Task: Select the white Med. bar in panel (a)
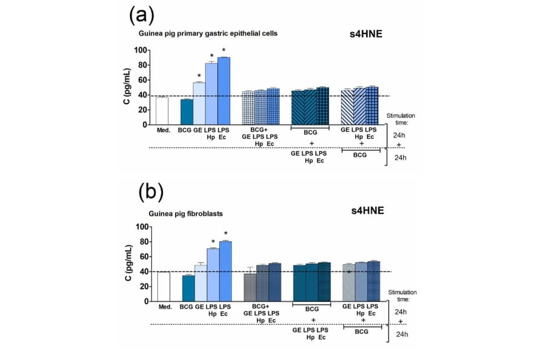(x=162, y=111)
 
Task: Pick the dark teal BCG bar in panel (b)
(x=188, y=288)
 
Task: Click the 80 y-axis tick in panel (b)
(x=144, y=242)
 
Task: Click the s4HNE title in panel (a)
(x=365, y=35)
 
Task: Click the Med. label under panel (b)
(x=165, y=307)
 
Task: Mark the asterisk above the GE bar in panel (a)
(x=199, y=76)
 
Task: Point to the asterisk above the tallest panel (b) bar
(x=225, y=234)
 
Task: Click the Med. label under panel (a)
(x=162, y=130)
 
